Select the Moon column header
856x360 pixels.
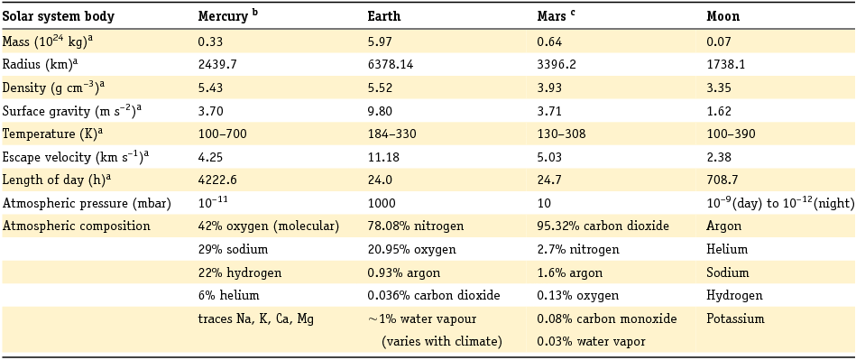click(x=723, y=17)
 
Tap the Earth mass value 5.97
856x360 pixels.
click(x=380, y=41)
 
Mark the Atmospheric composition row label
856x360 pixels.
click(x=77, y=226)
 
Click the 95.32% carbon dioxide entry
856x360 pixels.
click(x=603, y=226)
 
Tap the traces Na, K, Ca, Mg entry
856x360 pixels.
click(x=256, y=318)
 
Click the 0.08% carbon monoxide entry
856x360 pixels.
click(x=604, y=318)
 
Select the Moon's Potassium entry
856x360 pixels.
click(x=734, y=318)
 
